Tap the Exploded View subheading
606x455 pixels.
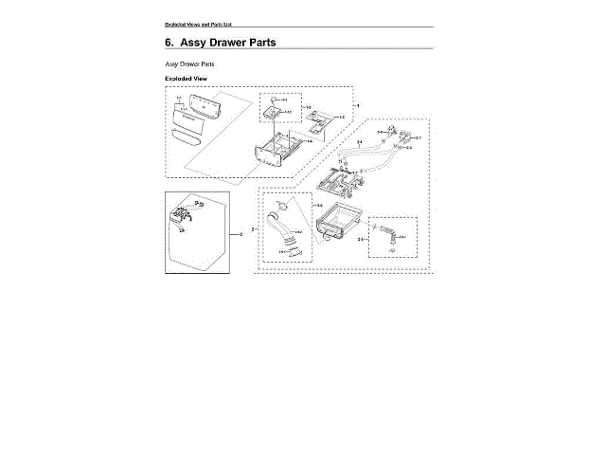pyautogui.click(x=186, y=78)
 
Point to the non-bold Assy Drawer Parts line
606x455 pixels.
pyautogui.click(x=188, y=63)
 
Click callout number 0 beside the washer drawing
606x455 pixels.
pyautogui.click(x=241, y=233)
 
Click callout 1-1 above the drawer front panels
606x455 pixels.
pyautogui.click(x=178, y=98)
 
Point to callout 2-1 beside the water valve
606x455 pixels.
pyautogui.click(x=418, y=137)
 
